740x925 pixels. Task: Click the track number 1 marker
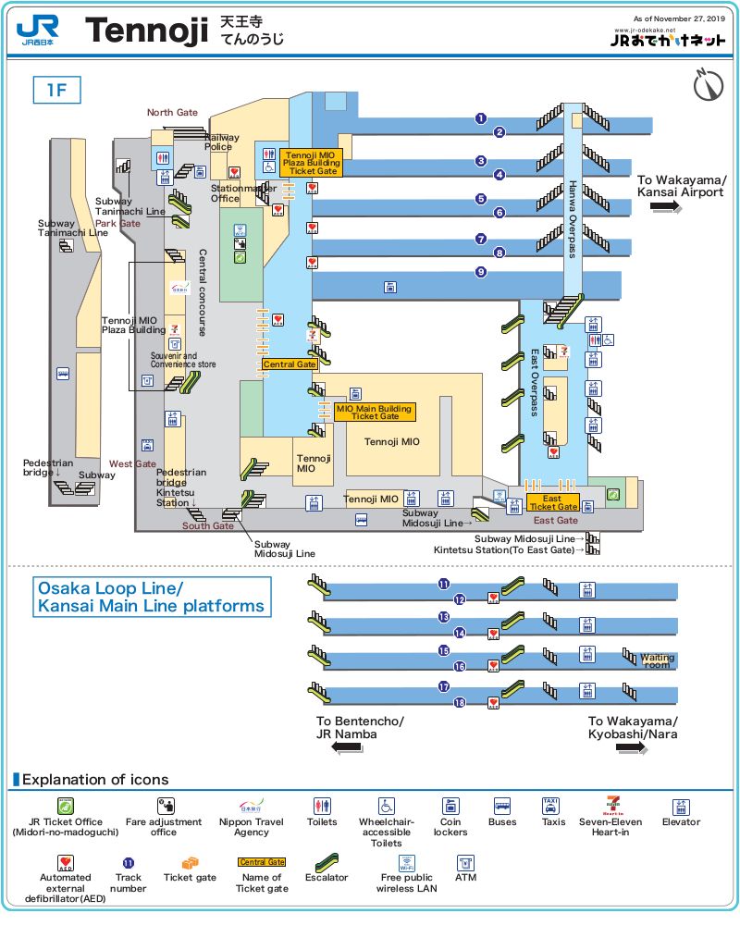click(x=481, y=117)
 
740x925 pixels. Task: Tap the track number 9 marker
click(x=481, y=272)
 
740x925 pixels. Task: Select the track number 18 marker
click(x=460, y=703)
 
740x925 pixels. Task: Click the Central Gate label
click(x=290, y=364)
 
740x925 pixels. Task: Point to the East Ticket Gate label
click(x=552, y=503)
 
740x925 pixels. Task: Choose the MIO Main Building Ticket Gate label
click(x=375, y=412)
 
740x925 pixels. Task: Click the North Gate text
click(x=172, y=113)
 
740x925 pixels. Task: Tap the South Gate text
click(x=208, y=526)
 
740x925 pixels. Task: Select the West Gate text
click(x=132, y=464)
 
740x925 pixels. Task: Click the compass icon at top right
click(x=708, y=85)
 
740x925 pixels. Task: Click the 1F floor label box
click(x=57, y=91)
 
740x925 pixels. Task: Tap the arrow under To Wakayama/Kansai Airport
click(x=666, y=208)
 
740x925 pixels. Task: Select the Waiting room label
click(x=657, y=660)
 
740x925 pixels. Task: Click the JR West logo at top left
click(x=38, y=31)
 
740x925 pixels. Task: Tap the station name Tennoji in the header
click(x=146, y=31)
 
